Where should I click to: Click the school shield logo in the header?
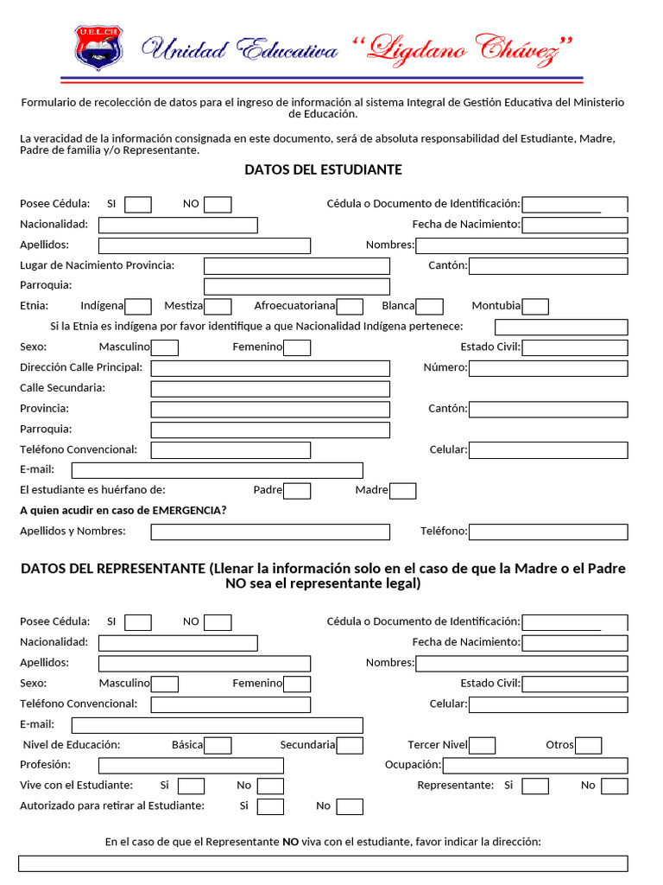click(98, 48)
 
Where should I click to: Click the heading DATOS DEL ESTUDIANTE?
click(323, 169)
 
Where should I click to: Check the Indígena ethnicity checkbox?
click(138, 306)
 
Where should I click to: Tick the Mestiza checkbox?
click(218, 306)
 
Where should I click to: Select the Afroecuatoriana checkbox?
click(350, 306)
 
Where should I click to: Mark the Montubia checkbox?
click(535, 306)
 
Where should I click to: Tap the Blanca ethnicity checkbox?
click(430, 306)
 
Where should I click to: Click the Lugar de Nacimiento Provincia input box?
click(296, 266)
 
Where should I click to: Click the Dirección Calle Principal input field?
click(270, 368)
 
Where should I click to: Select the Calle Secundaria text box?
click(270, 389)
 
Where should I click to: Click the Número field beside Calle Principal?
click(548, 368)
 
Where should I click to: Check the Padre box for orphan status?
click(297, 491)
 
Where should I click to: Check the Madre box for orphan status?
click(403, 491)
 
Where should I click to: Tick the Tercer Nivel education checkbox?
click(483, 745)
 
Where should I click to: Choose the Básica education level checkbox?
click(218, 745)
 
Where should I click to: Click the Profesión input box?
click(191, 766)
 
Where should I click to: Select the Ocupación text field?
click(535, 766)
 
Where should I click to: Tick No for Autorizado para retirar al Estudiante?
click(350, 806)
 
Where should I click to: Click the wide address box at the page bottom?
click(323, 863)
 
